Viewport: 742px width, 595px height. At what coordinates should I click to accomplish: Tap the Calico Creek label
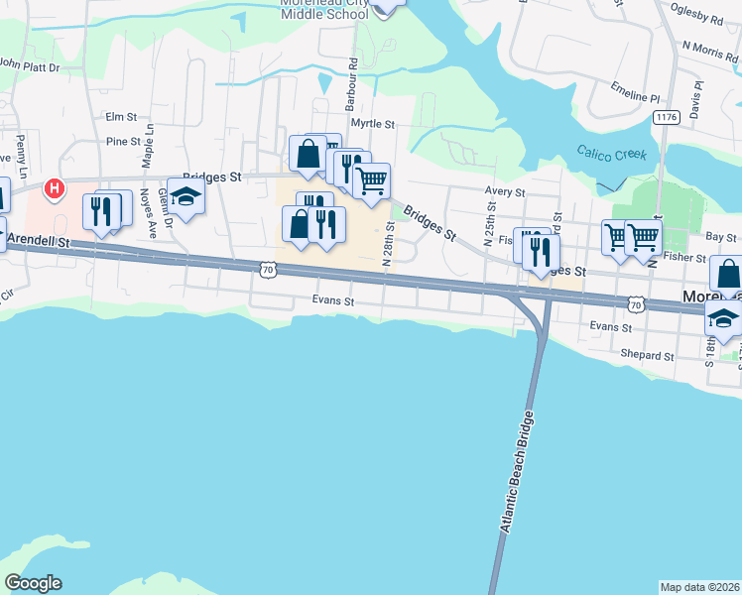pos(612,154)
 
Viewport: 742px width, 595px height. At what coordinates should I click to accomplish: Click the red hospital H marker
pos(56,187)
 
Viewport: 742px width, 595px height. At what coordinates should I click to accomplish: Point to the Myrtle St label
pos(376,125)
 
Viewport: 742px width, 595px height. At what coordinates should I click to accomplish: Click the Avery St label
pos(504,191)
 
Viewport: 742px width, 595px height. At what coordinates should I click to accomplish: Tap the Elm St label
pos(121,117)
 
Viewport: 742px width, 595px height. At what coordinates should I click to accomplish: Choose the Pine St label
pos(123,142)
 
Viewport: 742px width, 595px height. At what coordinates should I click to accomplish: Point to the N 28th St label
pos(390,244)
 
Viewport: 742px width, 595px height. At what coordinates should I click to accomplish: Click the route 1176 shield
pos(666,117)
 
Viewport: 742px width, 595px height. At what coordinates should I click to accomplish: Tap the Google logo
pos(33,583)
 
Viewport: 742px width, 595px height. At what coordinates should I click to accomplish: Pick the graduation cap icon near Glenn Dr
pos(185,196)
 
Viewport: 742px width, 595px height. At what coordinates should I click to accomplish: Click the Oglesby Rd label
pos(696,18)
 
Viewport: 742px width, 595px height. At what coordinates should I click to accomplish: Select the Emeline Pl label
pos(636,91)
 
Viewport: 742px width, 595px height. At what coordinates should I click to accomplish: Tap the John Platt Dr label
pos(30,65)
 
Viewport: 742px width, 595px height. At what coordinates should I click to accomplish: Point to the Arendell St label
pos(37,240)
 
